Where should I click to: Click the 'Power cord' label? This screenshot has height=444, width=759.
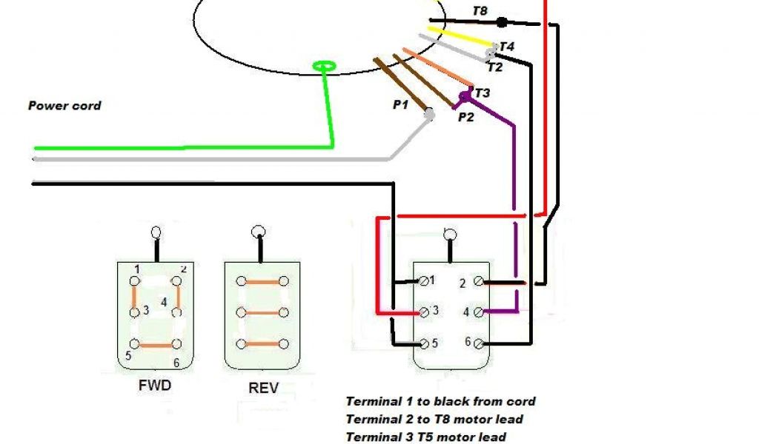[x=64, y=106]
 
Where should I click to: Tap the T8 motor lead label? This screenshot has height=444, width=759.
[x=480, y=11]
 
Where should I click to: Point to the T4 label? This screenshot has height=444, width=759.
[x=507, y=47]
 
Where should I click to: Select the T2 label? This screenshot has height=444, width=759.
[x=494, y=67]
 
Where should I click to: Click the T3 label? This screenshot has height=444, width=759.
[x=482, y=92]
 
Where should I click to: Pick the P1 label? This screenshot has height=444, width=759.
[x=400, y=105]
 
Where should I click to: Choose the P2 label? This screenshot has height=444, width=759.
[x=465, y=116]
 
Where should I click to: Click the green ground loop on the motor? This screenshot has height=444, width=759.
[x=325, y=68]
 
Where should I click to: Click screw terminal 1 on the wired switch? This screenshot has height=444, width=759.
[x=423, y=281]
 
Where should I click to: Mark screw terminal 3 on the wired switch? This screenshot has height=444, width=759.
[x=423, y=312]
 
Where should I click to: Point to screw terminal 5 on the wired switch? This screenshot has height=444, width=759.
[x=423, y=343]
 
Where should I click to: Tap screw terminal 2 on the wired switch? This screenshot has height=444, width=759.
[x=478, y=281]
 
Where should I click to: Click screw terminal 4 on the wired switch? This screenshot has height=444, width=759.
[x=478, y=312]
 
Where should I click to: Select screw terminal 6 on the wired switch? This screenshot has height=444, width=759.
[x=478, y=343]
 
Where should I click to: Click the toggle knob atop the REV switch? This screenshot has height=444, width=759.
[x=259, y=231]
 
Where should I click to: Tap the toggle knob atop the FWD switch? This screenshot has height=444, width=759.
[x=156, y=232]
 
